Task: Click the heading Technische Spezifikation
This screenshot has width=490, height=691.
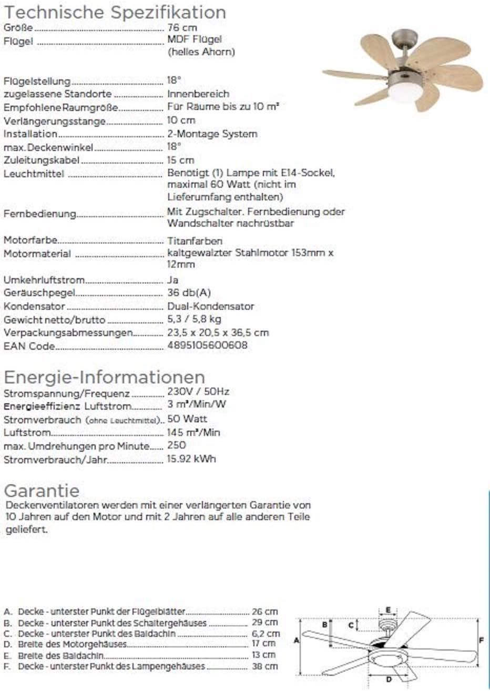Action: coord(115,12)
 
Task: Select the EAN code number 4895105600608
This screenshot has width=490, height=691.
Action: coord(207,346)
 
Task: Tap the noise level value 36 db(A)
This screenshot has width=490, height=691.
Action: coord(189,292)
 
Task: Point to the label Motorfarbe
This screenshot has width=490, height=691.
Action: coord(30,240)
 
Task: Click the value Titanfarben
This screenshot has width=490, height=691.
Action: coord(195,240)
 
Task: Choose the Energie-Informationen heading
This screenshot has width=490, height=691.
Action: coord(104,377)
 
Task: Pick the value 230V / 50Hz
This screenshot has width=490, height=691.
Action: coord(198,392)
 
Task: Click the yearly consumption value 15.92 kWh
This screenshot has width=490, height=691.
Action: coord(191,459)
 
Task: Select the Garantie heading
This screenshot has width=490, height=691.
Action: coord(42,490)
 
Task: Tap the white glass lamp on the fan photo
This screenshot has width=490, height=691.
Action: coord(405,93)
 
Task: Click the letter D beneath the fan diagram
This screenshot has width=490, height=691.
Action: coord(389,679)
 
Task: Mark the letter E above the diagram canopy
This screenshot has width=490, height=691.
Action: coord(388,610)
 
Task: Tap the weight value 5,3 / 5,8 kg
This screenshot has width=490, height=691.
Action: coord(194,319)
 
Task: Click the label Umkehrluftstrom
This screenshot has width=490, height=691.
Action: coord(44,280)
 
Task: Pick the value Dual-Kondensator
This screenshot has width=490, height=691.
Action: coord(210,306)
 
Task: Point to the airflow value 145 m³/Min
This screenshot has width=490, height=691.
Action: coord(193,432)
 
